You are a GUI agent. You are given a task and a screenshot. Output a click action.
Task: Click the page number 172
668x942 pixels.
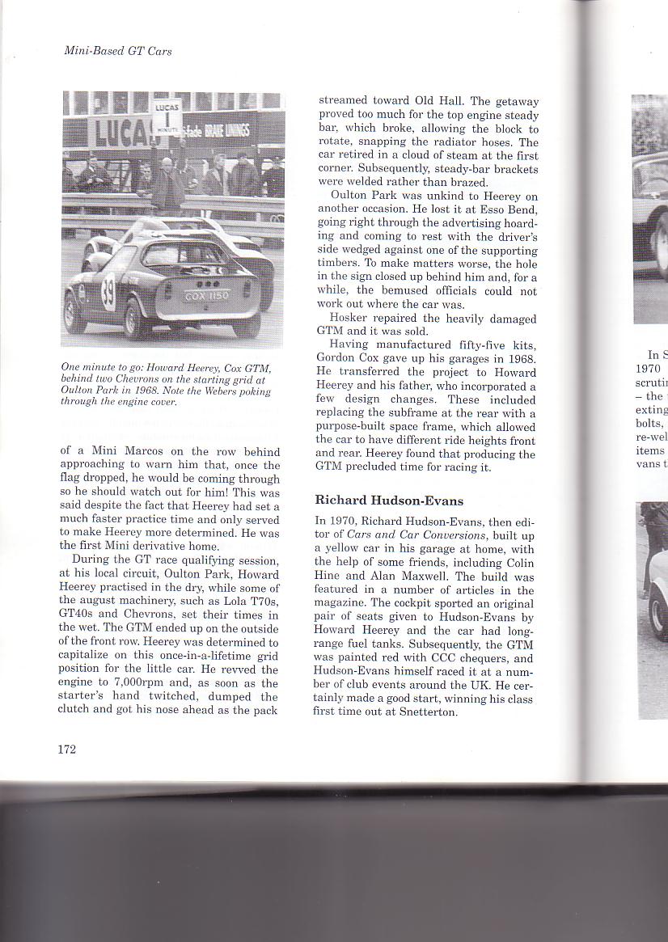(66, 750)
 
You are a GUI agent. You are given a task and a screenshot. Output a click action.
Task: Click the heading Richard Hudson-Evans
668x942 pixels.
(389, 501)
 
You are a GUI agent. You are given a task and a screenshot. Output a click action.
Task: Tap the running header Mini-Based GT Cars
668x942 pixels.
(118, 51)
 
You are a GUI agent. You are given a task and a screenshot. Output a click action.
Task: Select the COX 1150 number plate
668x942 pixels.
(207, 296)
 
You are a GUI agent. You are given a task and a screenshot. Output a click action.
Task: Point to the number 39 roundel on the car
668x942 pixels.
(108, 294)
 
